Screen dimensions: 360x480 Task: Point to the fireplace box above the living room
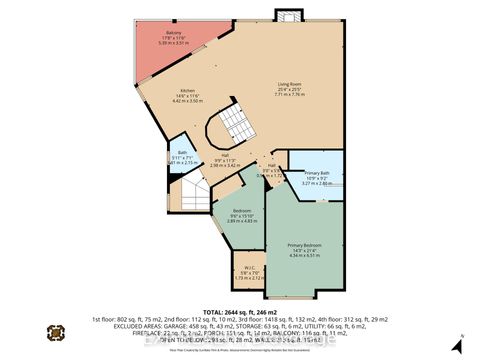[287, 16]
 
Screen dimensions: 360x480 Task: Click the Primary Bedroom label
[305, 245]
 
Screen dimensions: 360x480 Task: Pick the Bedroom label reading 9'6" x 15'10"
[242, 210]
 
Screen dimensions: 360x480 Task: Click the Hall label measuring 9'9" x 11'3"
[227, 154]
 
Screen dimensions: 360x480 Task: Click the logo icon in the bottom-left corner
[56, 333]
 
